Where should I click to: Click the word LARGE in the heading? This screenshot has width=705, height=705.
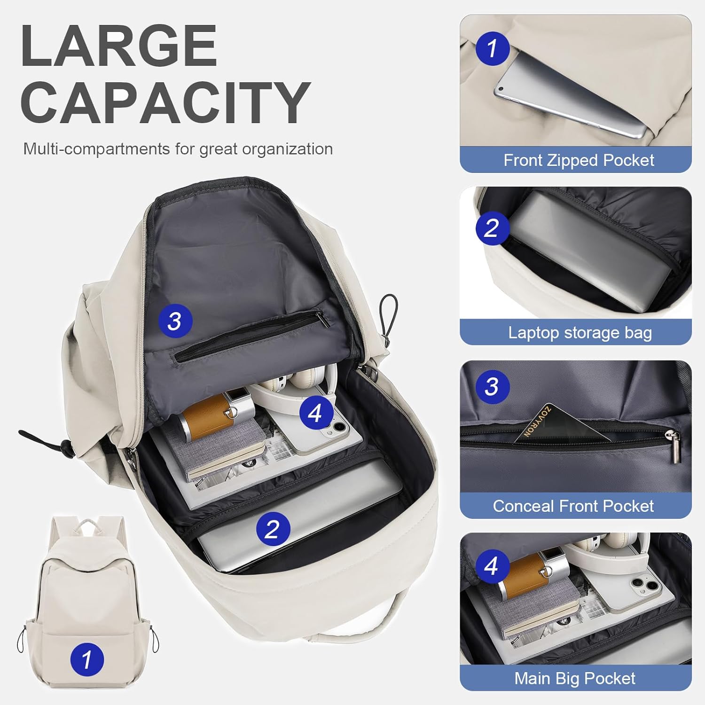click(x=118, y=46)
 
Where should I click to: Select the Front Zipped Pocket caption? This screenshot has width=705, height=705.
click(x=579, y=160)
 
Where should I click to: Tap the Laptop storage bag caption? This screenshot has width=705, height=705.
click(x=580, y=333)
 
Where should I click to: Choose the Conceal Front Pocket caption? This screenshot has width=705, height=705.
click(x=573, y=506)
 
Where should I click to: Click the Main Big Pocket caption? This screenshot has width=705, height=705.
click(x=574, y=679)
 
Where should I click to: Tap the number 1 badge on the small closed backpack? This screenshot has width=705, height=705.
click(x=87, y=659)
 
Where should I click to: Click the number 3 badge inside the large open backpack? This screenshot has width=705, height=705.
click(x=175, y=321)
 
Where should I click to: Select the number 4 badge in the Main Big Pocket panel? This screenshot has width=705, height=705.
click(x=492, y=566)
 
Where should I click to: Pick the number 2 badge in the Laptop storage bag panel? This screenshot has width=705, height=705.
click(x=492, y=228)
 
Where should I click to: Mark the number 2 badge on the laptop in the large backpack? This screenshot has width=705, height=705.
click(x=273, y=529)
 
